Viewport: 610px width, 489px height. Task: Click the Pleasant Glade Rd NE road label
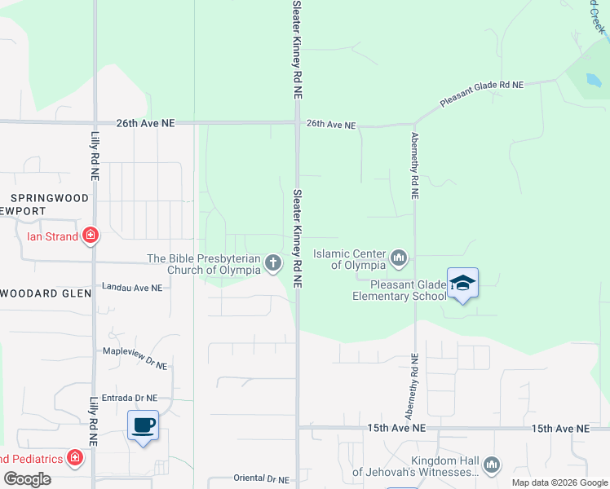pos(481,95)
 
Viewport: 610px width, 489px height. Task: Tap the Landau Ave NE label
pos(132,288)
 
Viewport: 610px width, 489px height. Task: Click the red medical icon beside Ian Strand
pos(91,237)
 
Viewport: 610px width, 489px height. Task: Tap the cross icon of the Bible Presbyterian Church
pos(273,262)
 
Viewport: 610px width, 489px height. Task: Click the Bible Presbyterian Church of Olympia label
pos(204,264)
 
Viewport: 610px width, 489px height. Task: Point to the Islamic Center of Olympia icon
pos(399,258)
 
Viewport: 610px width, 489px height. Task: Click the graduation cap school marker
pos(462,283)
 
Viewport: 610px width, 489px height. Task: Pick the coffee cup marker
pos(144,425)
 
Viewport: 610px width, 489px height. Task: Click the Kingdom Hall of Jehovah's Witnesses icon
pos(491,465)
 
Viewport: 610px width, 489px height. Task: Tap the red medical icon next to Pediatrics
pos(75,458)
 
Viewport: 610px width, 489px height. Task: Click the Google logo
pos(27,479)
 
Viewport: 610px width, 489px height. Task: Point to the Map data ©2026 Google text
pos(559,482)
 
